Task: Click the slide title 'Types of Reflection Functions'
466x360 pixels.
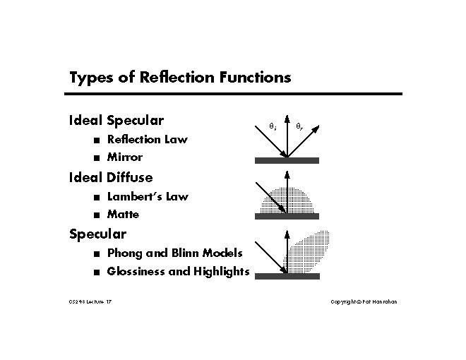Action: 179,78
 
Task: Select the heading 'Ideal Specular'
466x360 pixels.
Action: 116,121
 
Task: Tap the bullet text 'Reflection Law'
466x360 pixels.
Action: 147,140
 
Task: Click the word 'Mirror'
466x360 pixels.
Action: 124,157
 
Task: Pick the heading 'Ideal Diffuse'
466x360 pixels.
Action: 110,177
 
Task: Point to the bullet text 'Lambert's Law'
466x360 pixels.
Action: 147,197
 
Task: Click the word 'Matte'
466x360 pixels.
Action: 123,215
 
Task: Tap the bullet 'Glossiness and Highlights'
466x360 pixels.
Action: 178,272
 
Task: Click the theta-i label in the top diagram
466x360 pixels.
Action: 273,126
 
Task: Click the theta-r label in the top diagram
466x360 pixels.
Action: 299,126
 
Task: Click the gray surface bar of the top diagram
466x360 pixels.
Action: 287,161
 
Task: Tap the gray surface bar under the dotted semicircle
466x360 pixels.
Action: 287,216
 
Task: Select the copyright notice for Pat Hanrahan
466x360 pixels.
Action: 364,302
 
